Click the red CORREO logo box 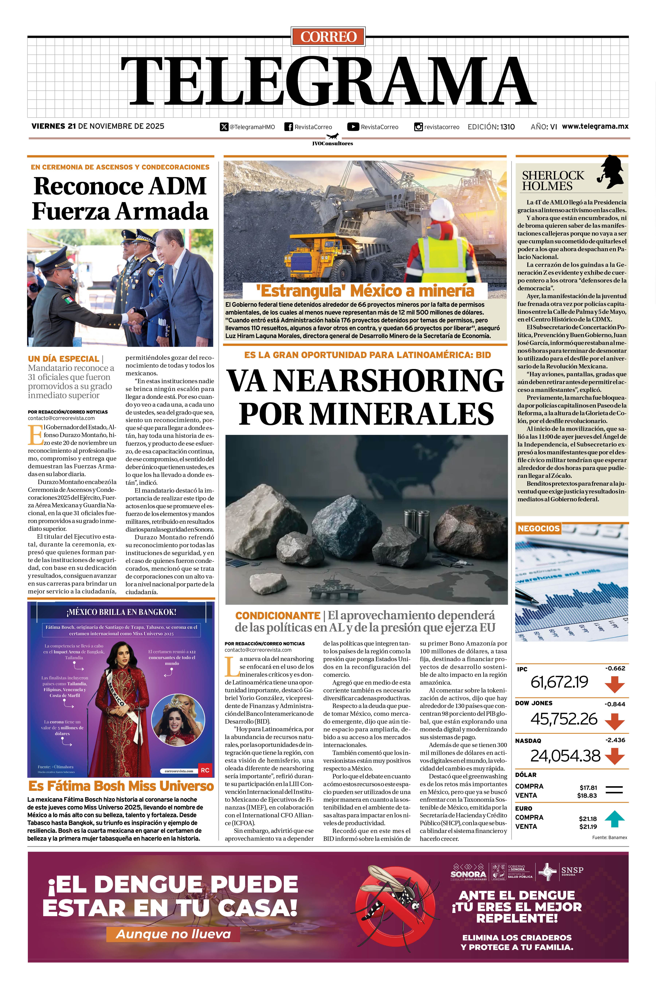click(x=328, y=37)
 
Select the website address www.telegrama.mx click(x=595, y=126)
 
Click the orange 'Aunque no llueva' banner click(x=173, y=934)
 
